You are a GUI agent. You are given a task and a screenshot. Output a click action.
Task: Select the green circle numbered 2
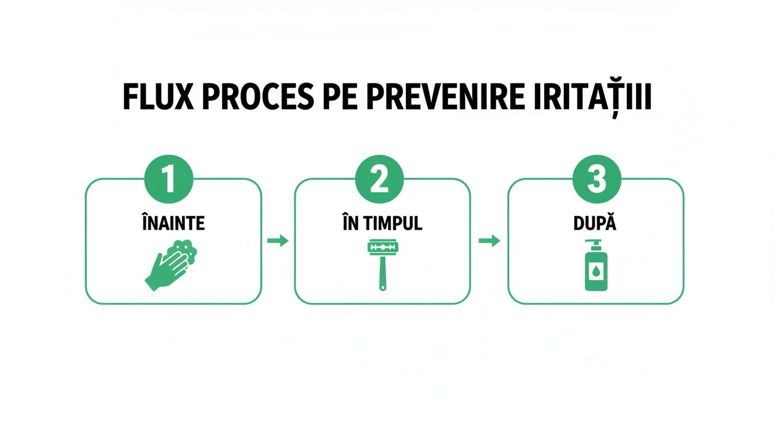coord(380,180)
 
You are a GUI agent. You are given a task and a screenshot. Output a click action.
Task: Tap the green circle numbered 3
coord(596,180)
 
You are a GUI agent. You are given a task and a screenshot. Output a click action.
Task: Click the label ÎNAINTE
coord(173,224)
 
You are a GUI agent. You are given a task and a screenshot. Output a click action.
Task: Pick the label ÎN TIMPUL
coord(382,224)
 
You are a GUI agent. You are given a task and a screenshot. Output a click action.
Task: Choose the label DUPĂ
coord(596,224)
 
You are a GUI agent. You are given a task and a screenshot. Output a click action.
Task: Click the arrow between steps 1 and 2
coord(278,241)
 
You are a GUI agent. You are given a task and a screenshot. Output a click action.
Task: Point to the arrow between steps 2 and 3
coord(489,241)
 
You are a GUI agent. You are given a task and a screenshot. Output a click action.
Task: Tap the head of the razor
coord(382,247)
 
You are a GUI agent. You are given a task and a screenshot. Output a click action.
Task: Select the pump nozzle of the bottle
coord(594,243)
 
